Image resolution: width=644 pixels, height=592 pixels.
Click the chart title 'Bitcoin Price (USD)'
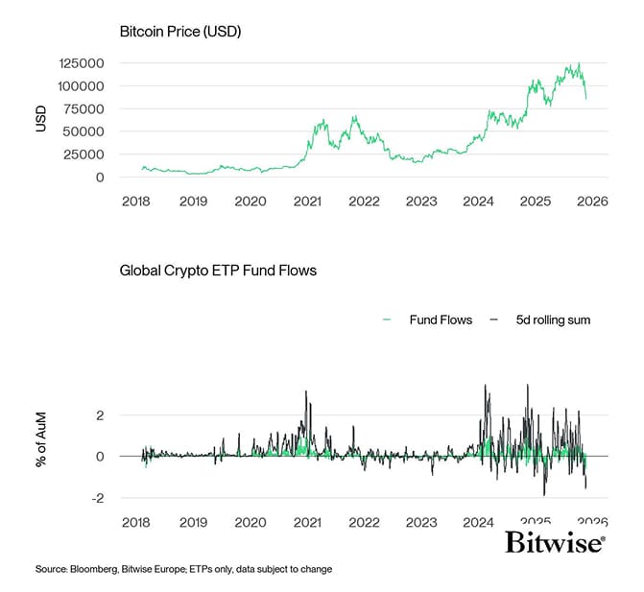[x=180, y=32]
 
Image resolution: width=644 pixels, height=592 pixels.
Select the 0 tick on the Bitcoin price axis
[x=100, y=178]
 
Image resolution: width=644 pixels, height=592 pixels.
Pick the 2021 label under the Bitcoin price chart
[x=307, y=201]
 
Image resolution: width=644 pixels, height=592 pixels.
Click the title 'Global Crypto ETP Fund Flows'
[x=218, y=271]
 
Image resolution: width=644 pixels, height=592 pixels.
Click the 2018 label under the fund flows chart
[x=136, y=522]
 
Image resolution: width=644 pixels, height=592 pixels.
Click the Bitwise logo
[x=555, y=544]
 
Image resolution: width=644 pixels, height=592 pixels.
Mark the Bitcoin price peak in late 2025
[x=578, y=63]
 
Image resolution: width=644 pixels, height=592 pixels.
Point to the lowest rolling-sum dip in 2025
[x=544, y=494]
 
